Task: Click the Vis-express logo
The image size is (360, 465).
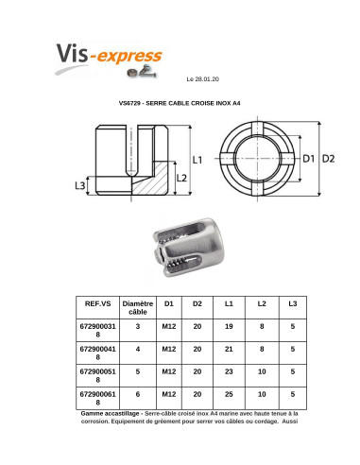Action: click(109, 60)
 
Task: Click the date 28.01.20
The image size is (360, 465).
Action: click(207, 79)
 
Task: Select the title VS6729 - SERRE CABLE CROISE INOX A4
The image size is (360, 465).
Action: click(180, 103)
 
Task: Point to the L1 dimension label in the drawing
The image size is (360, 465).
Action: click(197, 160)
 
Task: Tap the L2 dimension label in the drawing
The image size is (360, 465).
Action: click(181, 179)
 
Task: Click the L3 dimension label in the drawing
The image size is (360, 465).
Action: click(80, 185)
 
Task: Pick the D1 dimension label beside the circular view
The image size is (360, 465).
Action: click(309, 159)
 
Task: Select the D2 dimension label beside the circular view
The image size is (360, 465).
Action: click(328, 159)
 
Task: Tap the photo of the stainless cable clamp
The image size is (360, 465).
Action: click(189, 247)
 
